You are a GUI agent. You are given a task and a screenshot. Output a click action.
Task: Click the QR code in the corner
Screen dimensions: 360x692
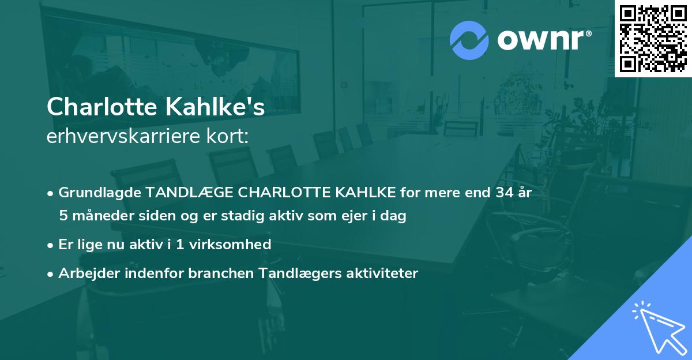coord(653,38)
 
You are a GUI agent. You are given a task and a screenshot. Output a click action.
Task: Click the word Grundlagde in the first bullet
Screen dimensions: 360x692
coord(97,193)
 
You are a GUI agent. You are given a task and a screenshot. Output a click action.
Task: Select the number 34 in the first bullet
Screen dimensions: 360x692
coord(499,193)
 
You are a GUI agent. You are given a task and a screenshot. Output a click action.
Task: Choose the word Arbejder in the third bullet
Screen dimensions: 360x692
coord(88,273)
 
